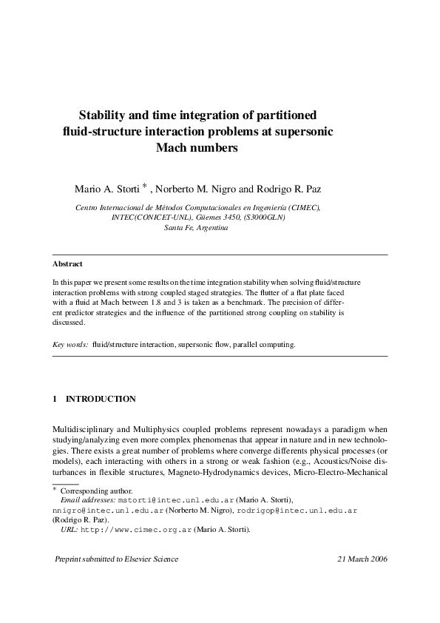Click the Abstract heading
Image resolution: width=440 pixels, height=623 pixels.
click(x=67, y=264)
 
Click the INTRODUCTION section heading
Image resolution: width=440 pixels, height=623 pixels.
click(x=101, y=399)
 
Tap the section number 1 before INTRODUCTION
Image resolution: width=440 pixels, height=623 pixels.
click(x=55, y=399)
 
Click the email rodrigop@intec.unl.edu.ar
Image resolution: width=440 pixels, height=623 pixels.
click(x=298, y=511)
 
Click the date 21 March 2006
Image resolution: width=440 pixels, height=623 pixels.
click(x=357, y=559)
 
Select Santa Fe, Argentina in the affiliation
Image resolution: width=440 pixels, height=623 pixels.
click(x=195, y=228)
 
